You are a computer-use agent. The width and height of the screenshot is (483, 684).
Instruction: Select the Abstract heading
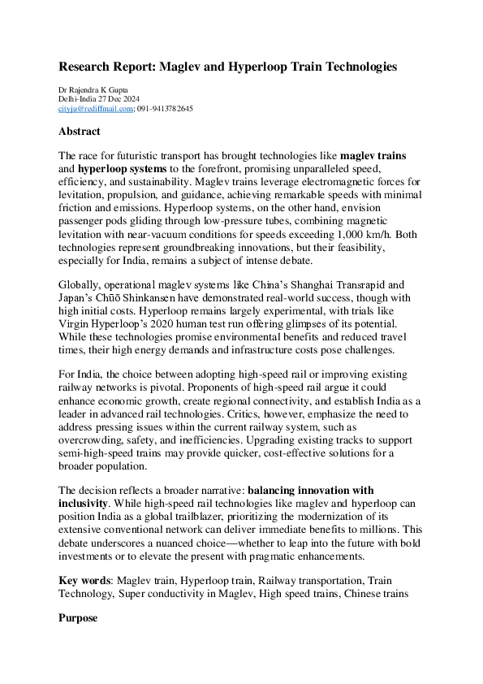(80, 131)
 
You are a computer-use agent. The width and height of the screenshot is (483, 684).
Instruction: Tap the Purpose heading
(78, 618)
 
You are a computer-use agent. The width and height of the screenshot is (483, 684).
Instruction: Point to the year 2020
(170, 326)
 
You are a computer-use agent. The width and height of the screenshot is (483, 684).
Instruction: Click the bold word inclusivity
(84, 504)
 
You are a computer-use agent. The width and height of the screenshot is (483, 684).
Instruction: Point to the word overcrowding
(95, 439)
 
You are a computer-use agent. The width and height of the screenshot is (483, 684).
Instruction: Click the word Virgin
(75, 326)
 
